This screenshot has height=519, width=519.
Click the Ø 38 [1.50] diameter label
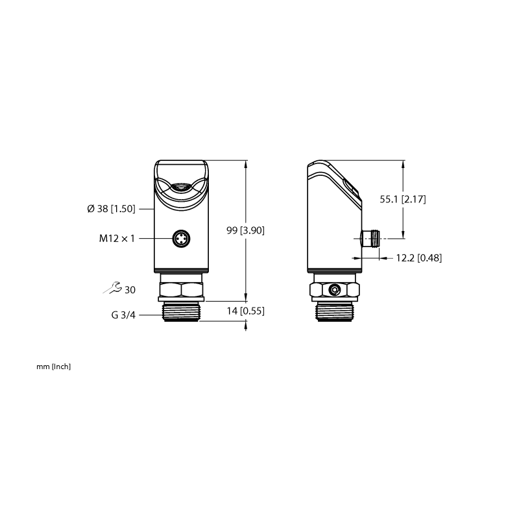[x=111, y=209]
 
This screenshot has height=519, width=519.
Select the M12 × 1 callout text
[x=117, y=238]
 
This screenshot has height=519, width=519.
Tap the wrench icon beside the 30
[x=112, y=288]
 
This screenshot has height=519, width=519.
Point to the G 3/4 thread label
[x=123, y=315]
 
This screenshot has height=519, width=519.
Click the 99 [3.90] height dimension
[x=246, y=230]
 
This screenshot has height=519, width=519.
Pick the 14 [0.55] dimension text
[x=246, y=311]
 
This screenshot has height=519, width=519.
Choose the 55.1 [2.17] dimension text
[x=403, y=199]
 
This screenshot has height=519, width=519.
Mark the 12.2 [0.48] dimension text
[x=419, y=258]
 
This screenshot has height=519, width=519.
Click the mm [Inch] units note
[x=54, y=367]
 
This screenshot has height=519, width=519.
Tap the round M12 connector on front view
[x=182, y=238]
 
